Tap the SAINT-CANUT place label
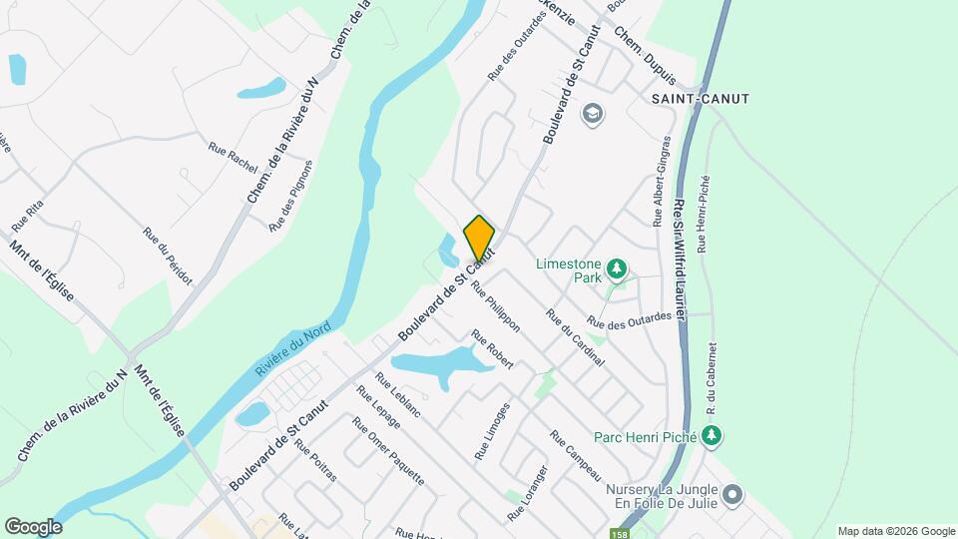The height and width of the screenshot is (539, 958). coord(699,99)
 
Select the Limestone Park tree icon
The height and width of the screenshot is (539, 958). coord(618,268)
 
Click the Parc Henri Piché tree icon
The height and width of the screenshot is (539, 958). coord(711,435)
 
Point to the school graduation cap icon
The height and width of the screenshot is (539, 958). coord(592,113)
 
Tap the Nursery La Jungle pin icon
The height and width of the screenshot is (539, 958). coord(733,494)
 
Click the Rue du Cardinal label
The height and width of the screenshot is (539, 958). coord(574,337)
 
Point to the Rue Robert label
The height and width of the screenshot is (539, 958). coord(492,349)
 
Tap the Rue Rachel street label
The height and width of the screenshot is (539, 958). coord(233,154)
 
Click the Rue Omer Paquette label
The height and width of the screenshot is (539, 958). coord(387,450)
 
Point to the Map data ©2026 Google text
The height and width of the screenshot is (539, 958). coord(895,531)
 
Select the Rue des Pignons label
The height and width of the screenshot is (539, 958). coord(292,197)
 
